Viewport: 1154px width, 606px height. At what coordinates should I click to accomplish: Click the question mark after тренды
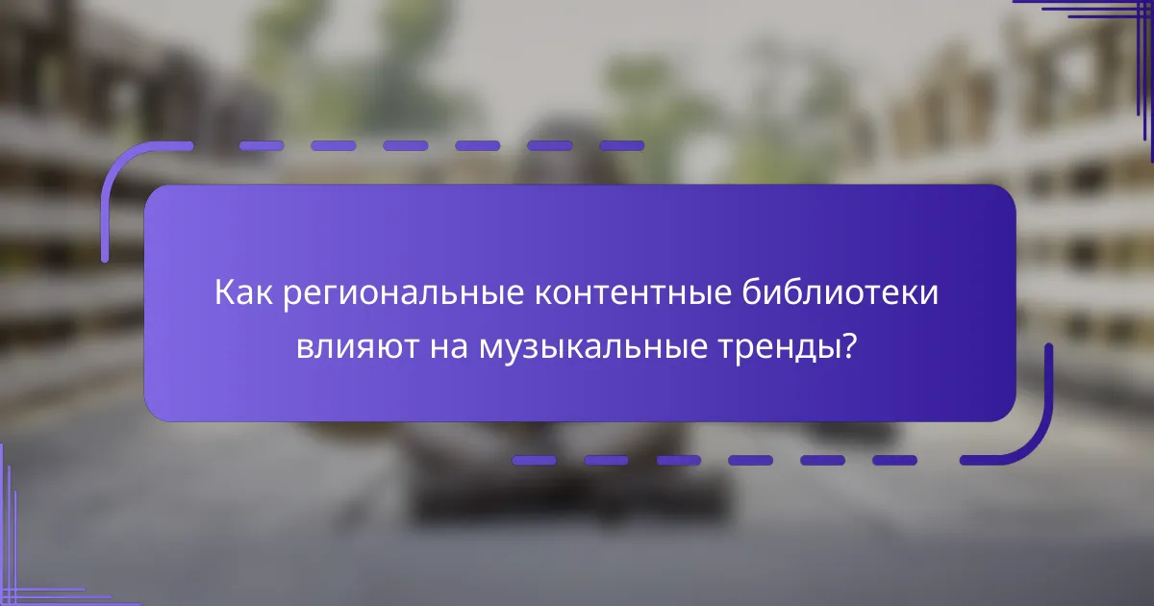pos(849,345)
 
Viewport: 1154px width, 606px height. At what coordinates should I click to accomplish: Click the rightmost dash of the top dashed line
pos(621,146)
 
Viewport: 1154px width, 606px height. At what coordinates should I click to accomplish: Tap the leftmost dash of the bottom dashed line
pos(534,461)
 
